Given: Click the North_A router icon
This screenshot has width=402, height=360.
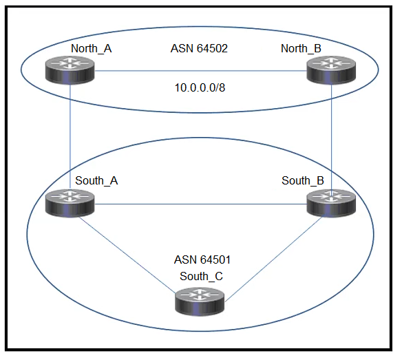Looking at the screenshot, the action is pyautogui.click(x=70, y=70).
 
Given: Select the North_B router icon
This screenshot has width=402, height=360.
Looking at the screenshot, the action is pyautogui.click(x=331, y=70).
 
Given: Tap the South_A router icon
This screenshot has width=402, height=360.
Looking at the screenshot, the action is pyautogui.click(x=70, y=203).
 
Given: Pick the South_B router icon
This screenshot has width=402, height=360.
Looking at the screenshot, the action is pyautogui.click(x=331, y=203).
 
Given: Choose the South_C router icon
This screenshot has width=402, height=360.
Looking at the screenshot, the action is pyautogui.click(x=200, y=301).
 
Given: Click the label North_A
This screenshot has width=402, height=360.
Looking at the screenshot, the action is pyautogui.click(x=92, y=48).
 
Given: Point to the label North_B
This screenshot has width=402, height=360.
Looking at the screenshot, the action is pyautogui.click(x=301, y=48).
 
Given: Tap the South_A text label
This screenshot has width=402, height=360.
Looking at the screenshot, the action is pyautogui.click(x=96, y=181).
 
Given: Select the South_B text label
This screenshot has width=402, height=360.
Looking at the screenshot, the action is pyautogui.click(x=303, y=181).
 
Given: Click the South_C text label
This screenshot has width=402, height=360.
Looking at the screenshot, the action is pyautogui.click(x=201, y=277).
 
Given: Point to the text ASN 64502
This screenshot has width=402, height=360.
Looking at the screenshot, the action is pyautogui.click(x=199, y=48).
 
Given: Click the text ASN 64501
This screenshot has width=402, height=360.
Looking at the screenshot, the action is pyautogui.click(x=202, y=260).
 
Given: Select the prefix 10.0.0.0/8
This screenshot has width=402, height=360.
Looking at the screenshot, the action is pyautogui.click(x=200, y=87).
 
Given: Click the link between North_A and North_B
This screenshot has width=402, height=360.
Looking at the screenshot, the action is pyautogui.click(x=200, y=71).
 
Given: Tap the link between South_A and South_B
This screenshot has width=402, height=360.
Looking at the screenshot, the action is pyautogui.click(x=200, y=204).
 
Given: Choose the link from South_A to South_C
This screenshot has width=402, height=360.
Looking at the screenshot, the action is pyautogui.click(x=127, y=255).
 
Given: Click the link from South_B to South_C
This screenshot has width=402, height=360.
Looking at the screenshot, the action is pyautogui.click(x=273, y=259).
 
